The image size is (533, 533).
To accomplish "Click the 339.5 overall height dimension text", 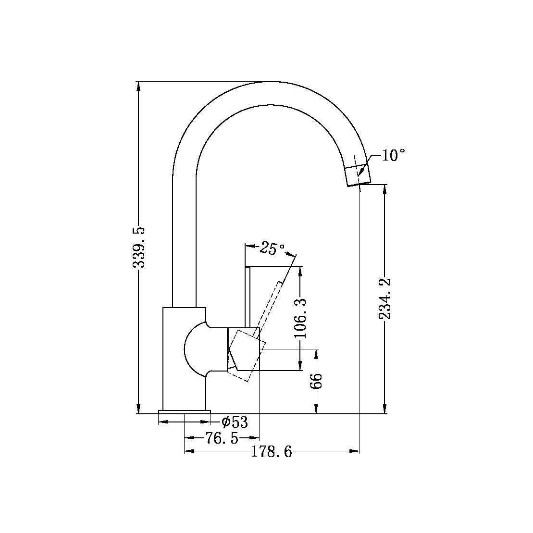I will [x=139, y=248].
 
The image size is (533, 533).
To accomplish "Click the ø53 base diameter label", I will [x=234, y=422].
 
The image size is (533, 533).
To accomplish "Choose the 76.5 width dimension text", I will [x=221, y=438].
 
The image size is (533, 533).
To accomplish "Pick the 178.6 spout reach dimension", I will [x=272, y=452].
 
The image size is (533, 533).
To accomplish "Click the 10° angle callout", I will [x=394, y=156].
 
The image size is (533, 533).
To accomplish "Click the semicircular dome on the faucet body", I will [x=195, y=348].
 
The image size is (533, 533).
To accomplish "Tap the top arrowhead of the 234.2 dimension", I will [x=384, y=188].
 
